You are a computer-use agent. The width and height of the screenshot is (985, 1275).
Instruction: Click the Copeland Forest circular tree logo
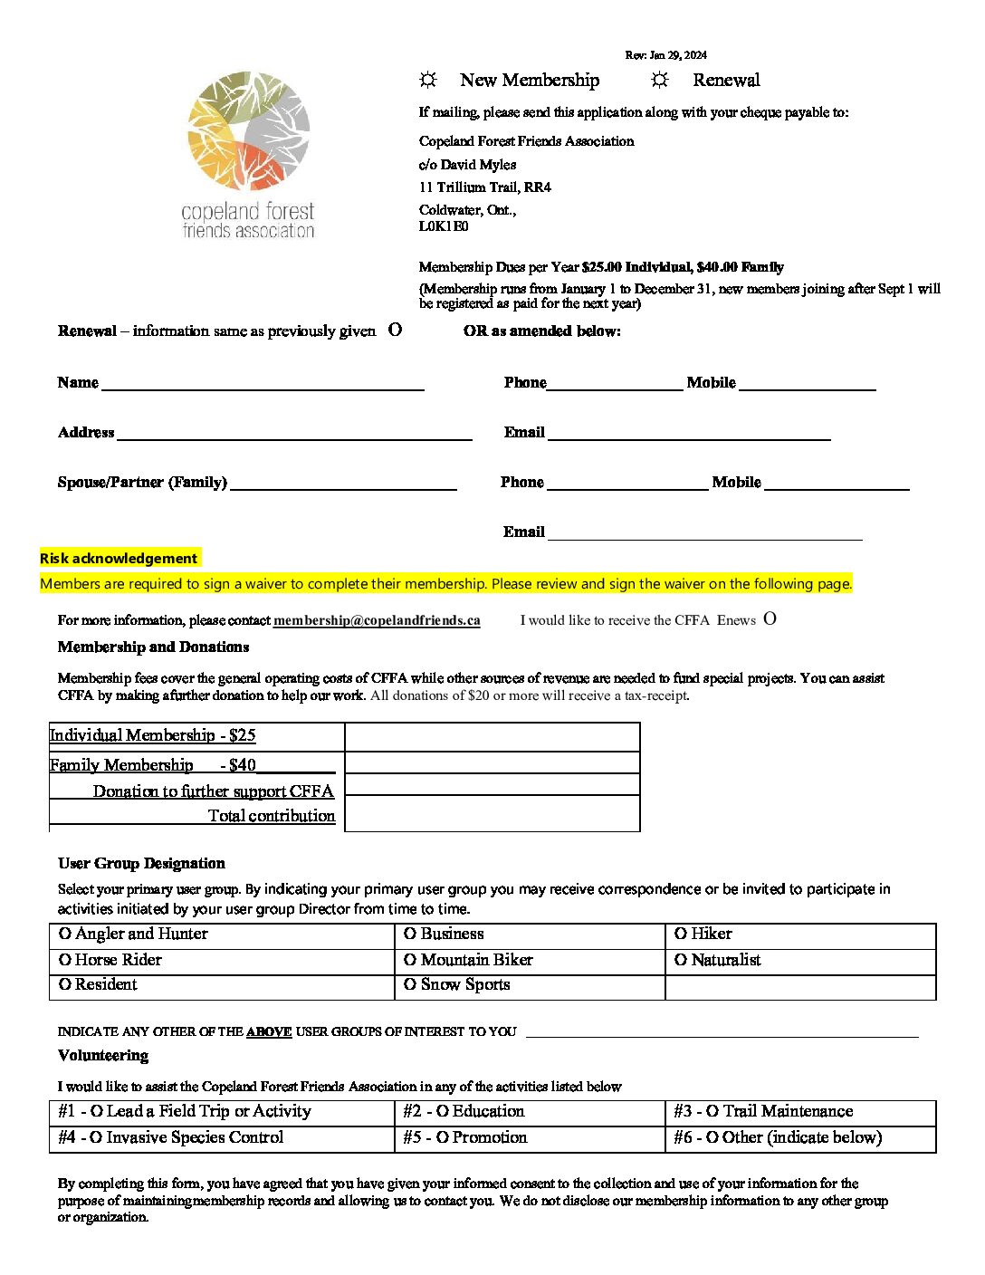[x=249, y=130]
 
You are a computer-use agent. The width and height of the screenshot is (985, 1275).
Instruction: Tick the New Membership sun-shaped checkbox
[x=428, y=81]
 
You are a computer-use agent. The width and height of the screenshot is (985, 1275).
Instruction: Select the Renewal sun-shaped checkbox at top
[x=660, y=81]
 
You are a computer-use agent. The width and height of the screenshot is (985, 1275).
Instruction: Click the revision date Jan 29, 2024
[x=665, y=55]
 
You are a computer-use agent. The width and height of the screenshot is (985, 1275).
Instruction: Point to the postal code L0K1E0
[x=444, y=226]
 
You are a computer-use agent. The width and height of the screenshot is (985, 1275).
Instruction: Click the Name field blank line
[x=263, y=384]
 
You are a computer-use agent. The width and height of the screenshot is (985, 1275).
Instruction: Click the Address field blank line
[x=294, y=434]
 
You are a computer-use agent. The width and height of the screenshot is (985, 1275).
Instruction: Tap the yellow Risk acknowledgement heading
[x=119, y=559]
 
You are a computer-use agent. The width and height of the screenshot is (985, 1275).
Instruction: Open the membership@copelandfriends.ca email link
[x=377, y=620]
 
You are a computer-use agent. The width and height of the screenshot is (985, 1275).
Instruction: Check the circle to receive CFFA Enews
[x=770, y=619]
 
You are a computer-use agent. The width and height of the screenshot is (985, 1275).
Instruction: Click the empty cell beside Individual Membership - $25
[x=492, y=737]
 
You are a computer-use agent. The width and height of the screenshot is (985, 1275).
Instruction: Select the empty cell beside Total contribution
[x=492, y=814]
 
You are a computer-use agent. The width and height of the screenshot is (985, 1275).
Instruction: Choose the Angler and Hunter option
[x=65, y=934]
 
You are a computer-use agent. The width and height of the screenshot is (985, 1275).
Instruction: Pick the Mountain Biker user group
[x=410, y=960]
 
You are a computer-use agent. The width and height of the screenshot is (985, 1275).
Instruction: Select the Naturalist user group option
[x=681, y=960]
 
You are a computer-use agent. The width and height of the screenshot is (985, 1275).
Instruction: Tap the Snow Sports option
[x=410, y=984]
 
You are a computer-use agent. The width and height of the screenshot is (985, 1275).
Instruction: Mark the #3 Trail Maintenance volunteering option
[x=712, y=1111]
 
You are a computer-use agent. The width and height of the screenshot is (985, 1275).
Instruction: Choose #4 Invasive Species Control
[x=96, y=1137]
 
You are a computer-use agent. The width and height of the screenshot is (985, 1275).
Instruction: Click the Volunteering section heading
[x=103, y=1056]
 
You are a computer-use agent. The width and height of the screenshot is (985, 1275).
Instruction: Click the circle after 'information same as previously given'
[x=395, y=331]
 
